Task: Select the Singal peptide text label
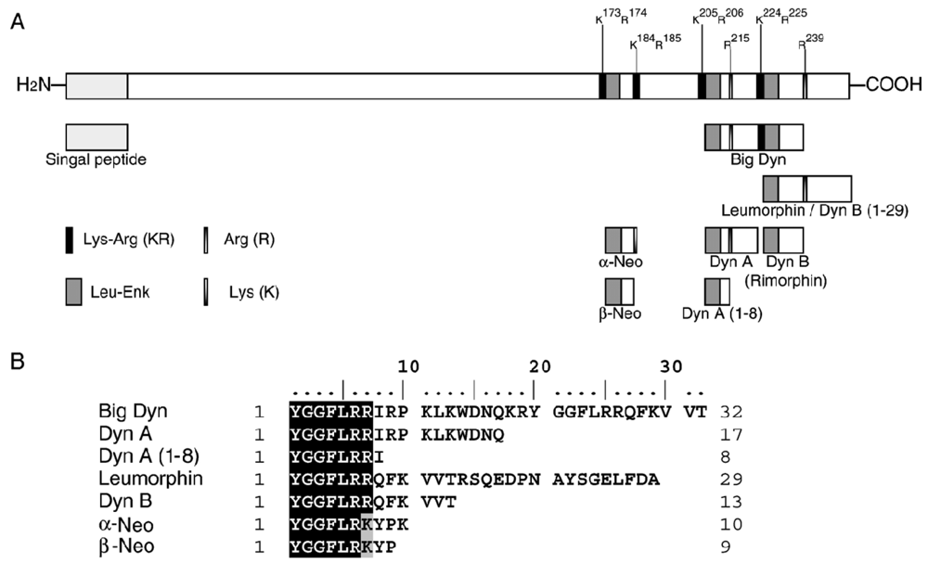pyautogui.click(x=97, y=159)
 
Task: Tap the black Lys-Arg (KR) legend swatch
pyautogui.click(x=69, y=240)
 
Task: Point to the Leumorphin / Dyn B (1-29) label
pyautogui.click(x=814, y=211)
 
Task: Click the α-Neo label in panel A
pyautogui.click(x=621, y=262)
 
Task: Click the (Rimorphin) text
pyautogui.click(x=785, y=277)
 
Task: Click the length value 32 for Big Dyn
pyautogui.click(x=730, y=410)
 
